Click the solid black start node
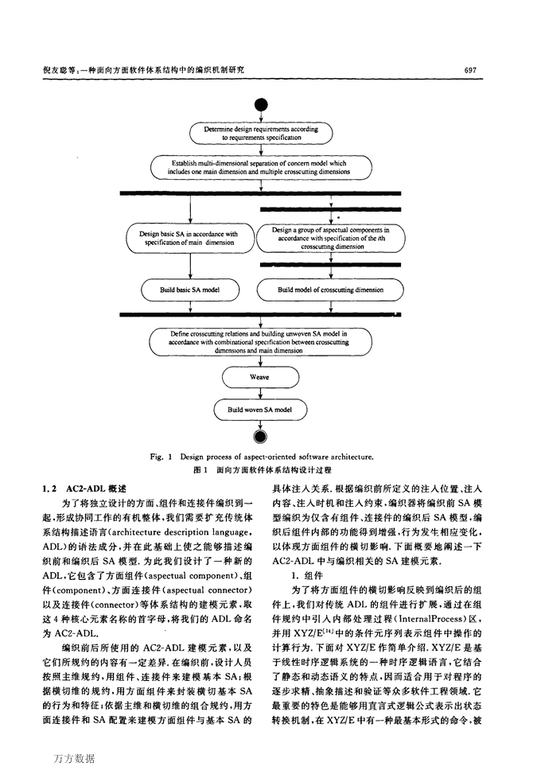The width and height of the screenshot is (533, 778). [x=261, y=105]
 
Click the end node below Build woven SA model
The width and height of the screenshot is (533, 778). [x=260, y=436]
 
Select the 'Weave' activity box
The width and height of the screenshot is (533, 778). [x=261, y=377]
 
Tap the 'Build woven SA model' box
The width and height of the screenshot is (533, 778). [x=260, y=410]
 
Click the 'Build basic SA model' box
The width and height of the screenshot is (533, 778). [x=190, y=290]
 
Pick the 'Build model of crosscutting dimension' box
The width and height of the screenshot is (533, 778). [x=330, y=290]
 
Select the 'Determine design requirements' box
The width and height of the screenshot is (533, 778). [x=261, y=133]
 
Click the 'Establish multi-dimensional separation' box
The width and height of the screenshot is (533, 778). [x=261, y=167]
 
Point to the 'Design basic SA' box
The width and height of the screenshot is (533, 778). [x=189, y=238]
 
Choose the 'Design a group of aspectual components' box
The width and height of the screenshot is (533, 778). [x=330, y=238]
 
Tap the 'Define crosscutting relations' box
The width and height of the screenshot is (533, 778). [x=261, y=342]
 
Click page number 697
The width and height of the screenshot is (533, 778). [x=470, y=71]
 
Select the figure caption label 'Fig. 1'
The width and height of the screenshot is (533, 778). [x=161, y=457]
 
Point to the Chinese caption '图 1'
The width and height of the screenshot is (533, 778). [x=200, y=469]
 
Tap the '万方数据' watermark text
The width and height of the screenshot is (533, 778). [x=74, y=759]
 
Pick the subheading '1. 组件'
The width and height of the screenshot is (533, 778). [x=307, y=576]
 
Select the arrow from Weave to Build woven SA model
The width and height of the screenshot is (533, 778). [x=260, y=394]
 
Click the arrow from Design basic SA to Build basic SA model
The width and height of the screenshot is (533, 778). [x=190, y=266]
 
